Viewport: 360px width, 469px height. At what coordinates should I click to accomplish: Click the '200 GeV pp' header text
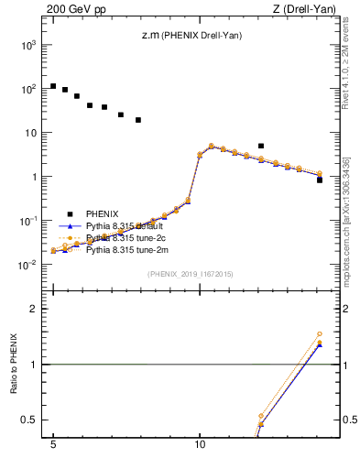tap(71, 10)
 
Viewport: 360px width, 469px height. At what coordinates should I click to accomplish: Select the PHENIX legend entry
tap(101, 214)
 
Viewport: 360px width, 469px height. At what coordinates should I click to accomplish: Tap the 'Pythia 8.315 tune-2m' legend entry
tap(127, 249)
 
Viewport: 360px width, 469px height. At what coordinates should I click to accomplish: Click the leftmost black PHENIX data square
tap(53, 86)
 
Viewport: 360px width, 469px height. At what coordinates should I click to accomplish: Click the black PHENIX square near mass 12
tap(261, 146)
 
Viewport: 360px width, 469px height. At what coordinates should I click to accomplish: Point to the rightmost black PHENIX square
tap(320, 180)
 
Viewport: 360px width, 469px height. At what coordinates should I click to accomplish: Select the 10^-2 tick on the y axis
tap(28, 265)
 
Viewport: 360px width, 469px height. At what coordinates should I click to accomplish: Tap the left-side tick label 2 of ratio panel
tap(34, 309)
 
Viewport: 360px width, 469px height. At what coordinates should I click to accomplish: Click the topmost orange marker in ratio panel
tap(320, 334)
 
